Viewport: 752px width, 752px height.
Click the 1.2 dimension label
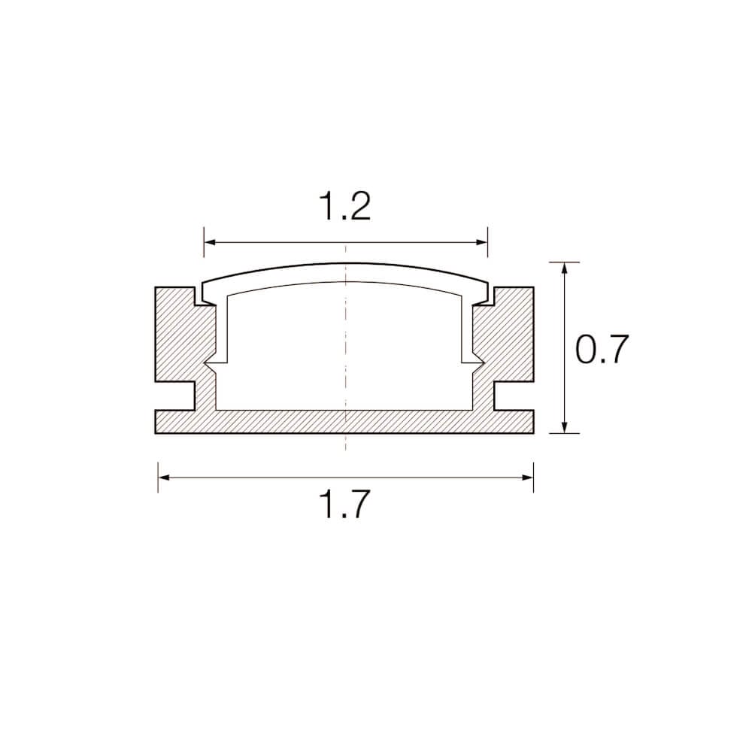point(345,206)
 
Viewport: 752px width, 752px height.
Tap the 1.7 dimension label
point(345,504)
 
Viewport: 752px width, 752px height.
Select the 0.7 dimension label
point(602,349)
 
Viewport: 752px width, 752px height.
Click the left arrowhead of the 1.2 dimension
point(211,243)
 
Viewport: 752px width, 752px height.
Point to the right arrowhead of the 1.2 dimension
point(481,243)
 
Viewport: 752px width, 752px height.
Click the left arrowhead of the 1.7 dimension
point(165,478)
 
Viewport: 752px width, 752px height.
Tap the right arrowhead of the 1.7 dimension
point(528,478)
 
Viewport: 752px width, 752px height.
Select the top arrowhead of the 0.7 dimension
point(565,268)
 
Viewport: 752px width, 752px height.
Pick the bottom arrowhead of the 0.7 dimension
point(565,427)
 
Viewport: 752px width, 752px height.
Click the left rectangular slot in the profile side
point(175,396)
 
